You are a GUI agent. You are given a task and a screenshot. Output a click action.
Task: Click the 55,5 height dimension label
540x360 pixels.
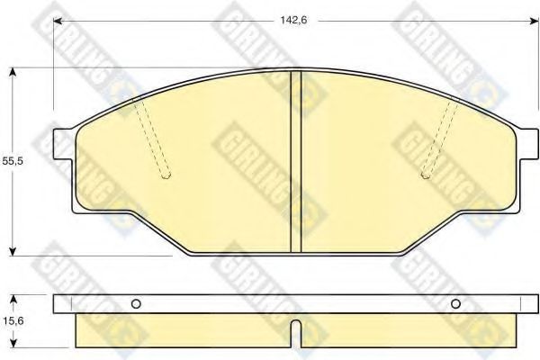click(x=13, y=161)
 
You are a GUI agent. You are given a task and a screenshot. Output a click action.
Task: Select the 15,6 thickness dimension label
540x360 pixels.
click(x=13, y=321)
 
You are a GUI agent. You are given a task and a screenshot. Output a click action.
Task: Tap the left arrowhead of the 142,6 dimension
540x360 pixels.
click(x=58, y=22)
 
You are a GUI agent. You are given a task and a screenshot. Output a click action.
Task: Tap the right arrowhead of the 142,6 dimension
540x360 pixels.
click(x=534, y=22)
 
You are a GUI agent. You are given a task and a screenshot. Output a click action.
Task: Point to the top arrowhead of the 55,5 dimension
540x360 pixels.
click(x=13, y=72)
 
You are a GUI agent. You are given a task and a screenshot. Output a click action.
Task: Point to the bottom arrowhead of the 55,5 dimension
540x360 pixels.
click(x=13, y=251)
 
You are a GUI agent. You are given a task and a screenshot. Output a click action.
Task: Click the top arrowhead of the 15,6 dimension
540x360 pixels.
click(x=13, y=299)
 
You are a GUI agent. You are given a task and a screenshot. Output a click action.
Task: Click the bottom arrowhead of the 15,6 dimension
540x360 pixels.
click(x=13, y=343)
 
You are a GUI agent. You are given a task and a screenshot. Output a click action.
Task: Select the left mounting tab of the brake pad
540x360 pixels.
click(x=63, y=144)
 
